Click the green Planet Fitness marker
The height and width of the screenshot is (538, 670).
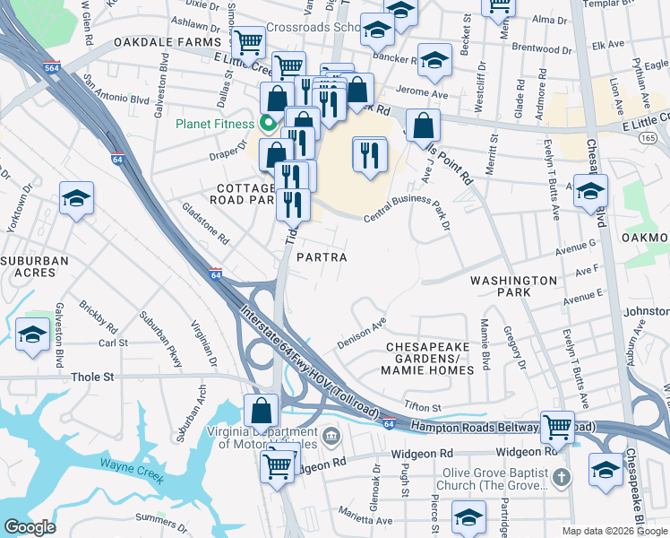(266, 124)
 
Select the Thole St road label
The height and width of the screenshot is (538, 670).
(93, 377)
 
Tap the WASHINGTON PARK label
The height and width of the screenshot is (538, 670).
(514, 286)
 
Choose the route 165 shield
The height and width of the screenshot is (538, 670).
(647, 136)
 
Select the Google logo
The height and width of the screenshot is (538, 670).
(30, 527)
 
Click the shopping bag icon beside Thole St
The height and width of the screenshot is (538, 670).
(261, 411)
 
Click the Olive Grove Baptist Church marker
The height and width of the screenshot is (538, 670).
(562, 475)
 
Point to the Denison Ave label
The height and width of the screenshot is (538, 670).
(361, 333)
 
